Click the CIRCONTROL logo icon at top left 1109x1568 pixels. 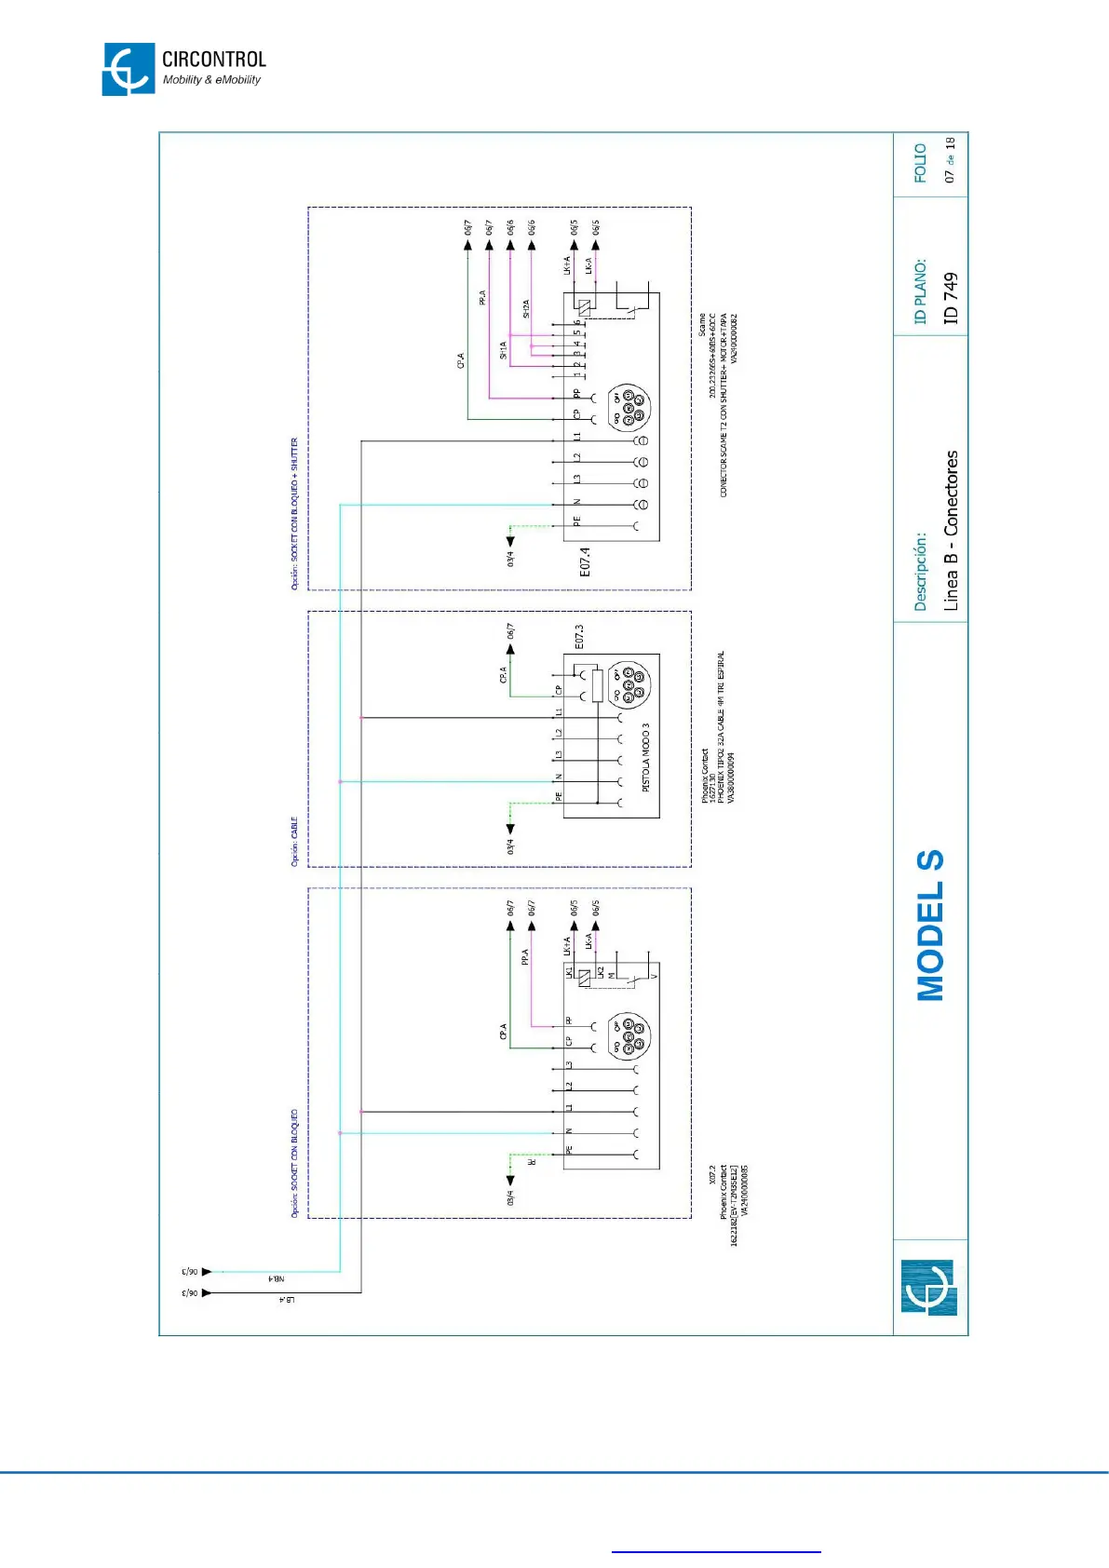coord(128,69)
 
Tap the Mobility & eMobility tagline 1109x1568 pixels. coord(211,80)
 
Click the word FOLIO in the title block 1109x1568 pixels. coord(920,163)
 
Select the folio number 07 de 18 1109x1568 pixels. coord(949,160)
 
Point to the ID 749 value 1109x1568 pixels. coord(950,298)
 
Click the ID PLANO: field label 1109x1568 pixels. coord(920,291)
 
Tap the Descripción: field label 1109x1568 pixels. coord(920,572)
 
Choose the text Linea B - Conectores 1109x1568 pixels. coord(950,531)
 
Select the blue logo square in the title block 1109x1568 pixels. coord(928,1288)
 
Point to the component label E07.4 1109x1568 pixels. coord(585,561)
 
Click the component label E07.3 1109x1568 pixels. coord(579,637)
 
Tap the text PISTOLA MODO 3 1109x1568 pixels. coord(645,757)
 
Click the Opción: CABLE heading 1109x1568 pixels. coord(294,842)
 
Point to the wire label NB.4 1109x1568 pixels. coord(276,1279)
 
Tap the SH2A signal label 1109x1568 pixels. coord(526,309)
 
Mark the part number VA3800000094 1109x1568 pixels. coord(731,778)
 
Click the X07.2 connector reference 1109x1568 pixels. coord(712,1174)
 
